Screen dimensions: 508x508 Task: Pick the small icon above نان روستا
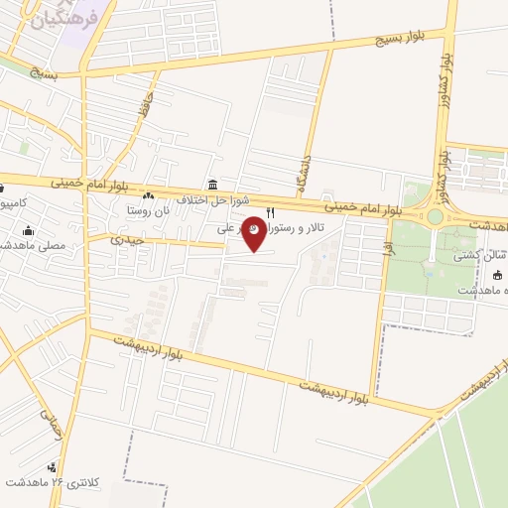point(149,195)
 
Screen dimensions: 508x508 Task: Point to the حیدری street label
point(128,240)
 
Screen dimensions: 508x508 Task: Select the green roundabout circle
point(435,216)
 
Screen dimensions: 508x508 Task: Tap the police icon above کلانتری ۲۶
point(66,467)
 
